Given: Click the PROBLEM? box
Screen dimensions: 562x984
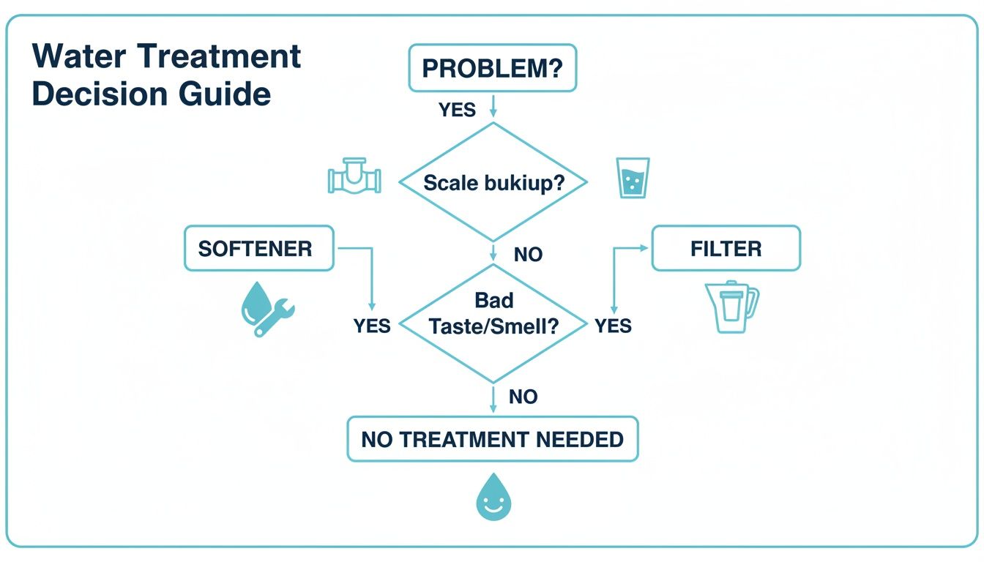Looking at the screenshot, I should coord(493,68).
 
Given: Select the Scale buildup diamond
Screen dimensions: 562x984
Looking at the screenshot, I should coord(493,182).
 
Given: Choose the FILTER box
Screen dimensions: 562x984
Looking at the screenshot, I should coord(726,248).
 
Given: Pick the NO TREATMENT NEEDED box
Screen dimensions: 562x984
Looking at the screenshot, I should coord(492,439).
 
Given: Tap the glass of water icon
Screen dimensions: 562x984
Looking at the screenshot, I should coord(633,178).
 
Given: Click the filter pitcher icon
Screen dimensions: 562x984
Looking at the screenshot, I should coord(731,307).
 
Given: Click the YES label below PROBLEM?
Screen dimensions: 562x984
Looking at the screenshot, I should coord(457,110).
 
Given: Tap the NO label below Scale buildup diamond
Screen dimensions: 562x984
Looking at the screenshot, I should coord(528,255).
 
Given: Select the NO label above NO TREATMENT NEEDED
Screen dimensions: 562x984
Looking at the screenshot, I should coord(523,397).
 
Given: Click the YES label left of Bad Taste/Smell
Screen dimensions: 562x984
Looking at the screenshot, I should coord(372,326).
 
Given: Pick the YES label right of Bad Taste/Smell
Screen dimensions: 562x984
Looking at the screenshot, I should coord(613,326).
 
